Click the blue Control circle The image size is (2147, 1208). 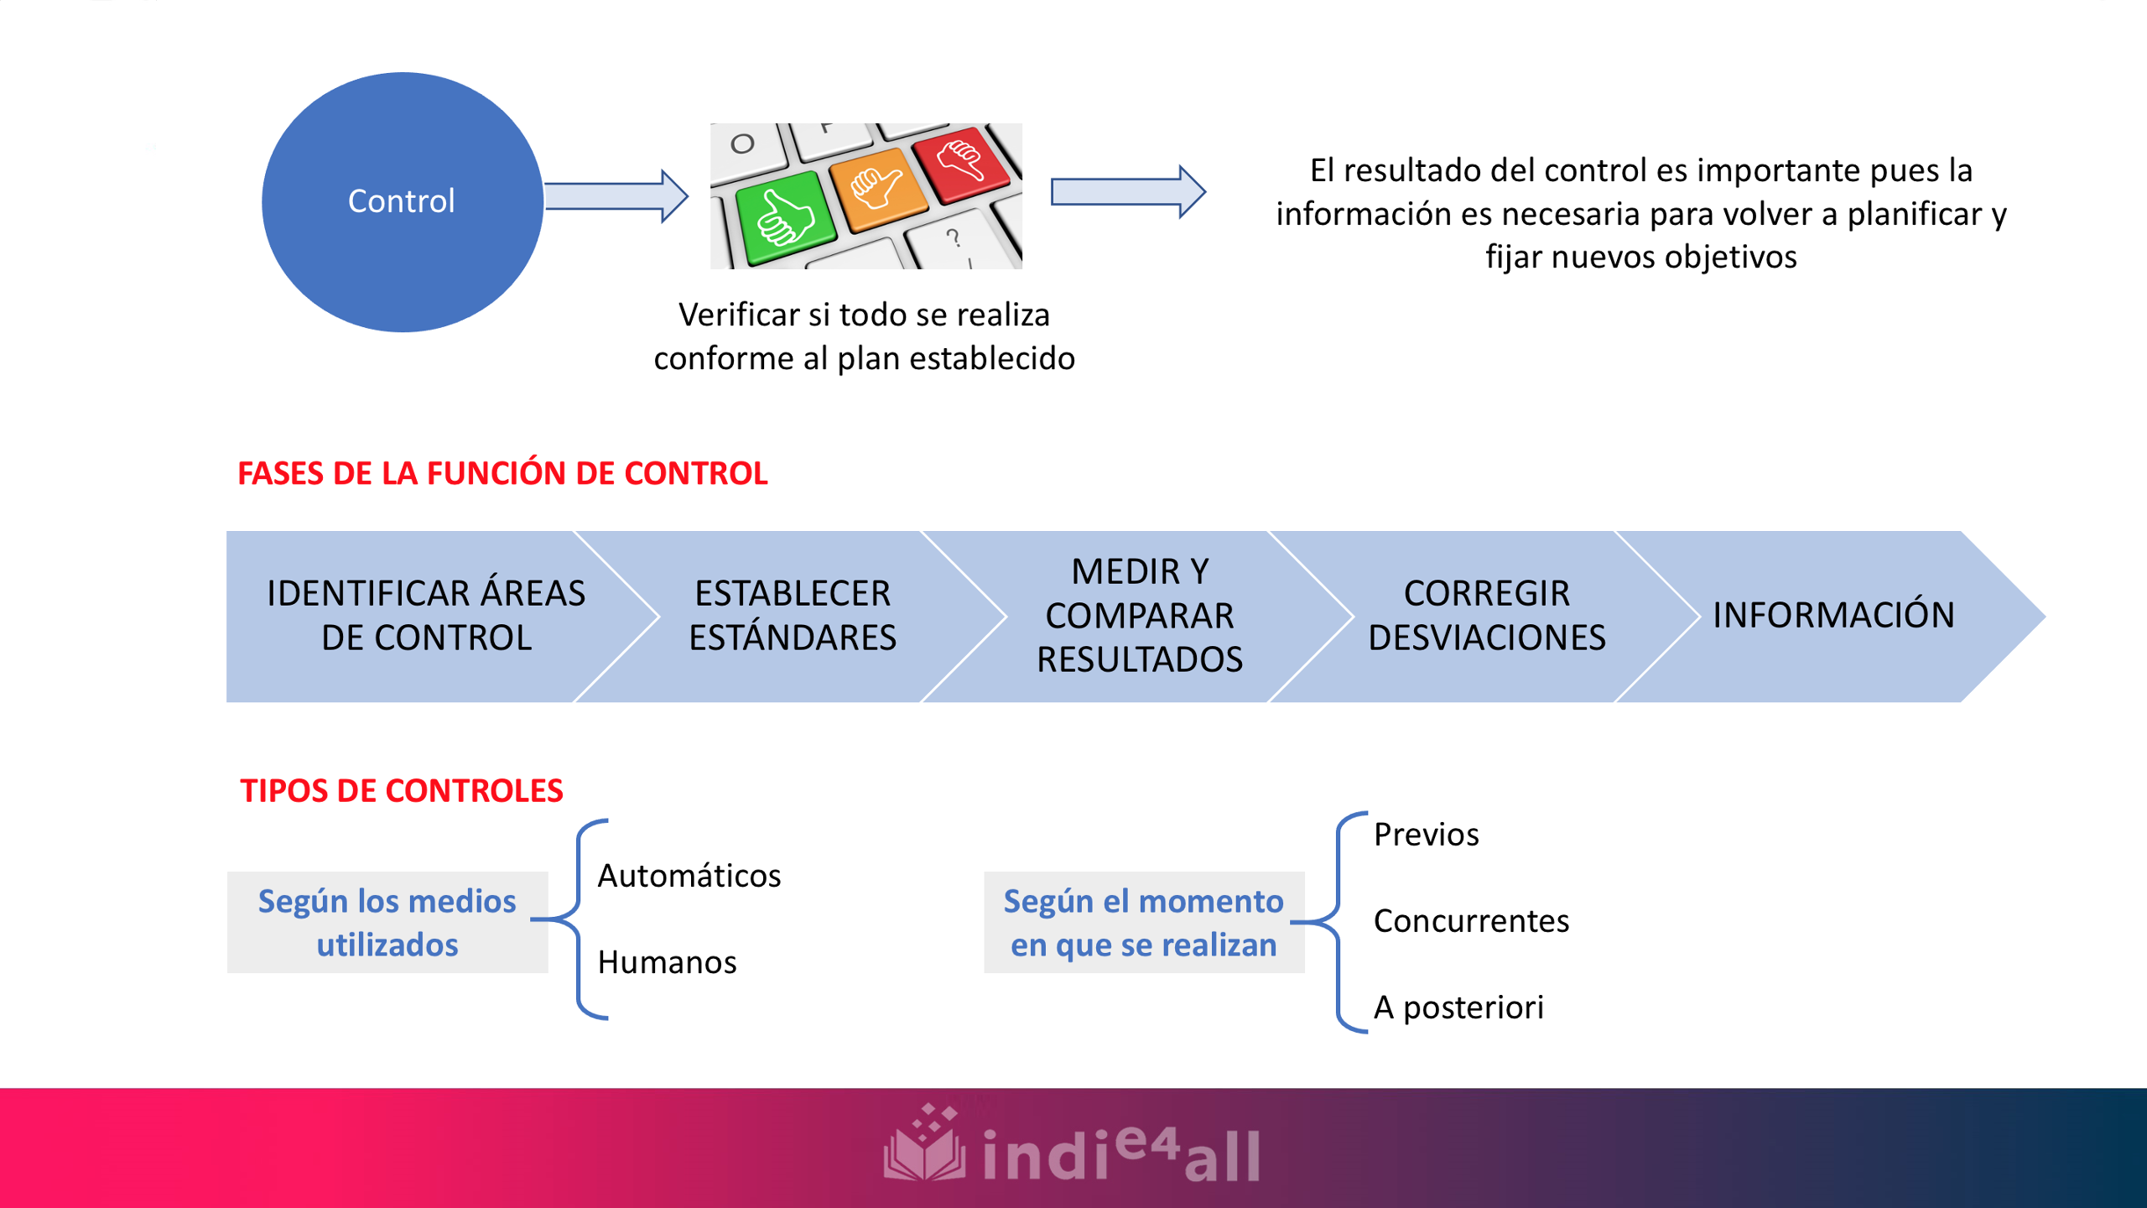click(403, 201)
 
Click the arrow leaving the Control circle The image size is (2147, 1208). click(616, 196)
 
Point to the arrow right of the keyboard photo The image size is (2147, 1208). click(1127, 191)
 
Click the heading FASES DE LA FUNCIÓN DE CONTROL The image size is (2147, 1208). click(502, 473)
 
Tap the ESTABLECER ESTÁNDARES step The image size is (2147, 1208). click(793, 616)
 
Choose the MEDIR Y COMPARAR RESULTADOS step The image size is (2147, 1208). click(1139, 616)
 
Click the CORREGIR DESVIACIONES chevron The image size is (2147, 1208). click(1486, 616)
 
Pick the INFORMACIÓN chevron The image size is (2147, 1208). click(1833, 616)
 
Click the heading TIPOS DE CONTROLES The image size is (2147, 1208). click(401, 790)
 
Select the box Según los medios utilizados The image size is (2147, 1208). click(387, 922)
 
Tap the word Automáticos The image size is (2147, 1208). click(689, 876)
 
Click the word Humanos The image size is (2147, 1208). click(667, 962)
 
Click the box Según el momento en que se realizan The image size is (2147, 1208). click(1143, 922)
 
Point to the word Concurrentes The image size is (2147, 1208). click(1471, 921)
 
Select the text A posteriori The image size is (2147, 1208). click(1458, 1008)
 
